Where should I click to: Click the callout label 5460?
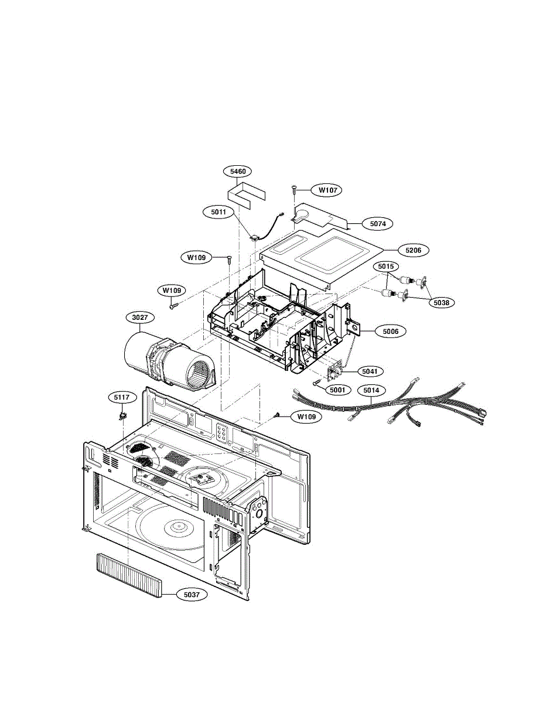point(238,172)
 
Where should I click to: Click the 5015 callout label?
point(385,267)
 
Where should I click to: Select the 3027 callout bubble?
point(140,318)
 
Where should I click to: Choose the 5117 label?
point(122,397)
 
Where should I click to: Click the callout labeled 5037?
point(191,595)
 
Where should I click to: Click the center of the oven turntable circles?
point(176,526)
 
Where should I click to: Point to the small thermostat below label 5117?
point(122,415)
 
